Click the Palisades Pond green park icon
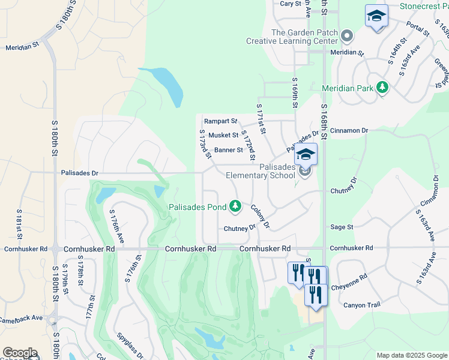tap(235, 207)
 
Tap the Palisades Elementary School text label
tap(260, 171)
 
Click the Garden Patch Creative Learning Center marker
tap(347, 37)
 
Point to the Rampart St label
tap(220, 121)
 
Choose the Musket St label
tap(223, 136)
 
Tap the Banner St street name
tap(228, 150)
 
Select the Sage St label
tap(342, 227)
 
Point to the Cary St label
tap(291, 4)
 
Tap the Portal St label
tap(417, 29)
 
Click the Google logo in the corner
tap(19, 353)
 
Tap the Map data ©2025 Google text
tap(411, 355)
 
